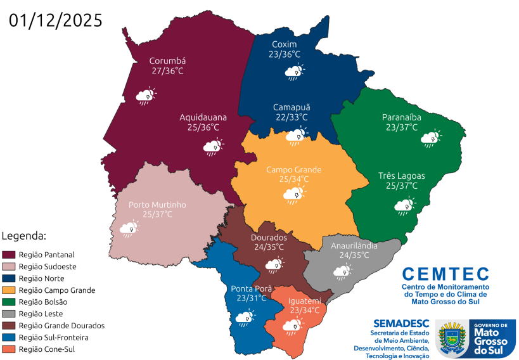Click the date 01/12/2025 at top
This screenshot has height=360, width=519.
coord(56,20)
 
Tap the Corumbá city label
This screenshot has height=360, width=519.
coord(167,61)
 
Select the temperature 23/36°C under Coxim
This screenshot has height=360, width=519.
coord(285,55)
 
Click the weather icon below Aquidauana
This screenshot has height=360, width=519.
coord(212,148)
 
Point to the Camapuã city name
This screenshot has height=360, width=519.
coord(292,106)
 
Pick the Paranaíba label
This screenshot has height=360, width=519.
coord(402,117)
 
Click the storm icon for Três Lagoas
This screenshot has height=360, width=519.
coord(405,205)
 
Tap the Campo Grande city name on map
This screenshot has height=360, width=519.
coord(293,169)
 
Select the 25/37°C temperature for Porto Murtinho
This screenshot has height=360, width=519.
coord(157,214)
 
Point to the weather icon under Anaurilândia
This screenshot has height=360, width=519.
coord(343,271)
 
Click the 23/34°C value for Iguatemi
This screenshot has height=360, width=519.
coord(305,310)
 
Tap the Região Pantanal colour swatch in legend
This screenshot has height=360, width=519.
coord(10,255)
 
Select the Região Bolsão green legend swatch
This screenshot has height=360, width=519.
coord(10,302)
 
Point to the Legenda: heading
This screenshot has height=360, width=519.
coord(24,236)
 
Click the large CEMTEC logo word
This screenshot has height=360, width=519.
coord(445,274)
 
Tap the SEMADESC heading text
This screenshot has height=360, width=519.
coord(401,323)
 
